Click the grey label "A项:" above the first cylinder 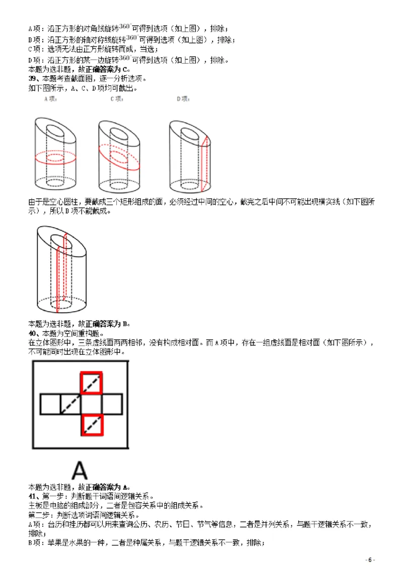(x=50, y=99)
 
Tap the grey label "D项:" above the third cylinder (x=182, y=99)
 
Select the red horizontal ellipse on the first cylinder (x=55, y=157)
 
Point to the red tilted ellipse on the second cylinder (x=120, y=156)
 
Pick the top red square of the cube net (x=92, y=383)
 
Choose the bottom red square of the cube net (x=92, y=424)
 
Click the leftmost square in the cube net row (x=50, y=404)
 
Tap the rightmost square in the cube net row (x=112, y=404)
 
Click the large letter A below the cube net (x=79, y=470)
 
